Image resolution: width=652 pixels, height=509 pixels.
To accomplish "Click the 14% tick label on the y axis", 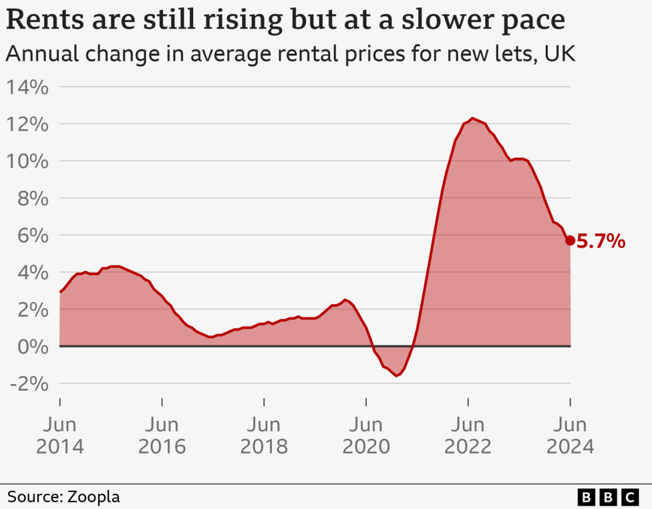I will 27,88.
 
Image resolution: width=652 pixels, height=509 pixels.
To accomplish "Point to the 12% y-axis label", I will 27,125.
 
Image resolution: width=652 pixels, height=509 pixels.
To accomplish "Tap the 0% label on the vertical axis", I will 31,347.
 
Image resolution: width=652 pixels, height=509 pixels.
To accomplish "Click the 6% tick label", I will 31,236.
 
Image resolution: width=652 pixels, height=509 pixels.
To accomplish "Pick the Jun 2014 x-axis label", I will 60,436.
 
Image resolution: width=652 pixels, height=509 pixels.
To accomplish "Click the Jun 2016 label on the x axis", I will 162,436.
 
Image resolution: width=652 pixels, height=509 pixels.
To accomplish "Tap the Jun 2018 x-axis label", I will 264,436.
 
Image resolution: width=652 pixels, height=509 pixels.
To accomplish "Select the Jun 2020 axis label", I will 366,436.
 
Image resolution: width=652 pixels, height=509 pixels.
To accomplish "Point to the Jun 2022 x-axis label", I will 468,436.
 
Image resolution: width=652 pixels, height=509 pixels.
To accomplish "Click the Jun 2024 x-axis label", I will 570,436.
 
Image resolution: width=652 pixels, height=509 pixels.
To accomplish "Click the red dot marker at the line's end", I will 570,240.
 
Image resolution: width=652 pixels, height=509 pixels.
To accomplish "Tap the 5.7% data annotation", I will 601,242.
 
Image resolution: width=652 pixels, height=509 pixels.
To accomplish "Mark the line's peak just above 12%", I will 472,118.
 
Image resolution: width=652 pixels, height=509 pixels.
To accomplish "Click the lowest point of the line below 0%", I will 397,375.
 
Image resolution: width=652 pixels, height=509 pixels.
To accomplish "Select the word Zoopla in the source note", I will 93,497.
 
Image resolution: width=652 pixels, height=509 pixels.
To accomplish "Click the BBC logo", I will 608,497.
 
